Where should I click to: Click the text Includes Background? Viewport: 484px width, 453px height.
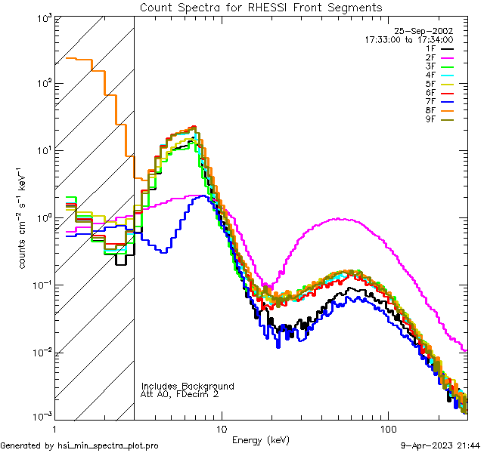tap(188, 386)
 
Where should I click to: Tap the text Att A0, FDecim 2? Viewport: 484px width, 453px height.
tap(180, 394)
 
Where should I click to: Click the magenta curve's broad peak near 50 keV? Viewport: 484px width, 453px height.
tap(338, 219)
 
